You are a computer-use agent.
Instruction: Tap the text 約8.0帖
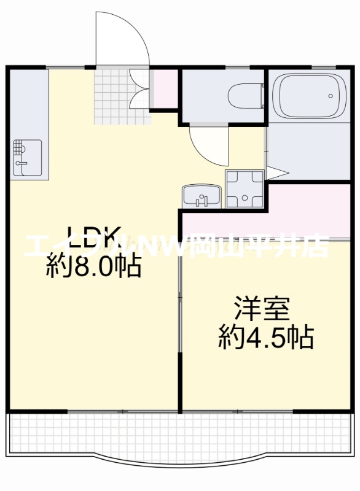[x=93, y=266]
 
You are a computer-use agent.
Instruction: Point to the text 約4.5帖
[x=266, y=337]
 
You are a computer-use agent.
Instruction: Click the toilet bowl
[x=243, y=96]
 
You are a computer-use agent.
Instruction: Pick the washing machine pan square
[x=244, y=190]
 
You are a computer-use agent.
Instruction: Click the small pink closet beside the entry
[x=164, y=89]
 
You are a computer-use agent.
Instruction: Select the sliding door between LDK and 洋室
[x=180, y=307]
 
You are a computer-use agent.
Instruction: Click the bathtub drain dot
[x=330, y=96]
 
